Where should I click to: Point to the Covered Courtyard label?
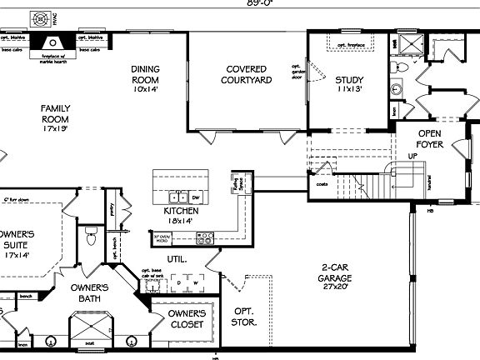pyautogui.click(x=247, y=74)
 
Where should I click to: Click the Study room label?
pyautogui.click(x=349, y=85)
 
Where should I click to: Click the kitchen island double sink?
pyautogui.click(x=178, y=197)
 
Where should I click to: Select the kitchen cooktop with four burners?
pyautogui.click(x=205, y=238)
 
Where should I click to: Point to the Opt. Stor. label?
pyautogui.click(x=243, y=315)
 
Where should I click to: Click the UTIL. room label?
pyautogui.click(x=177, y=259)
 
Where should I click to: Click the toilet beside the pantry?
pyautogui.click(x=92, y=239)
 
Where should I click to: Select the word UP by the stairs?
pyautogui.click(x=412, y=156)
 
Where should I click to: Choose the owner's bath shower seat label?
pyautogui.click(x=88, y=342)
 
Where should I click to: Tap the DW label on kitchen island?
pyautogui.click(x=196, y=197)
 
